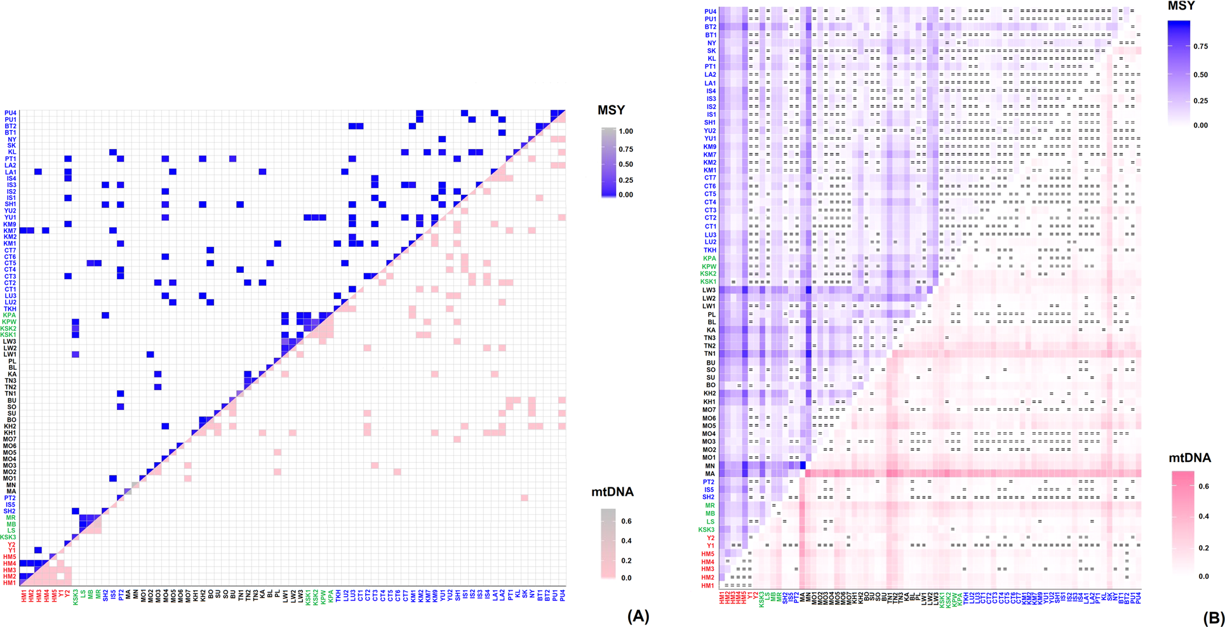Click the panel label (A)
tap(638, 616)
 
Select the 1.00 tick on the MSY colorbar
tap(624, 131)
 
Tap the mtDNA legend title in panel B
tap(1189, 458)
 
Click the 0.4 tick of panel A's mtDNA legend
tap(626, 541)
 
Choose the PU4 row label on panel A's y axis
tap(10, 113)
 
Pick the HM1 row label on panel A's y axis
tap(10, 583)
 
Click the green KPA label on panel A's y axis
tap(10, 315)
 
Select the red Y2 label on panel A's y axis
tap(11, 544)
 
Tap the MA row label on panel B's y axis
tap(710, 473)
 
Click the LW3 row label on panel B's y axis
tap(709, 290)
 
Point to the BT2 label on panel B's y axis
tap(710, 27)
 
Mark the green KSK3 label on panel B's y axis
tap(707, 529)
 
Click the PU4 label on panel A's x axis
tap(562, 595)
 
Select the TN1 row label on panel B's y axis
tap(709, 353)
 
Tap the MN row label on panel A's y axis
tap(11, 485)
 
